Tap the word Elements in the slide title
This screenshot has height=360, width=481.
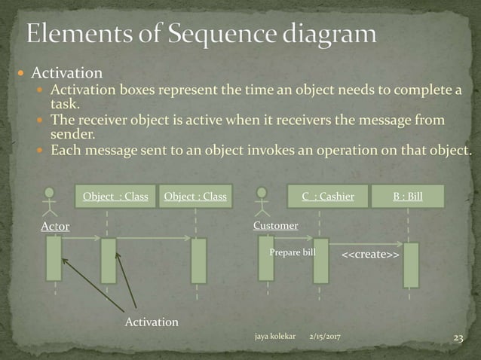coord(80,34)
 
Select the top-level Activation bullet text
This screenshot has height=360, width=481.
coord(66,73)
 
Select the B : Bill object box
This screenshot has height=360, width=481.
coord(407,197)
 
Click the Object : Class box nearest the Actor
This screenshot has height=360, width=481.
coord(115,197)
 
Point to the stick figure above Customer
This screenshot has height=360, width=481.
coord(263,201)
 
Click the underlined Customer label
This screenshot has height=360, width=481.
coord(276,225)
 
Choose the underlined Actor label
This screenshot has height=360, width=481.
coord(55,226)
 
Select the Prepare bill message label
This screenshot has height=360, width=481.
coord(293,252)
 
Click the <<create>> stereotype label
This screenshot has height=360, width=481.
coord(371,256)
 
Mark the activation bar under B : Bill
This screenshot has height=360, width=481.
coord(411,264)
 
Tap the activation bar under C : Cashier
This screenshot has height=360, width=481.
coord(320,260)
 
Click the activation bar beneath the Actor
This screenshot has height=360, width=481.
coord(54,258)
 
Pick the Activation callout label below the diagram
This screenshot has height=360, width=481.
coord(152,322)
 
